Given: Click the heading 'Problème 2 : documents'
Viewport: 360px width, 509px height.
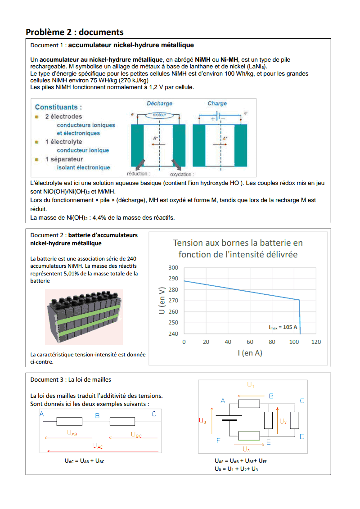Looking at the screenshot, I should pos(74,32).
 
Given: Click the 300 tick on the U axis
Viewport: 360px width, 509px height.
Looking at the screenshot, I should pos(173,267).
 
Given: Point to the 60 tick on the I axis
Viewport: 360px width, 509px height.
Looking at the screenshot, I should pos(250,342).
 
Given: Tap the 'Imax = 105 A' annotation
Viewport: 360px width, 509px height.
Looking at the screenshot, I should pos(283,327).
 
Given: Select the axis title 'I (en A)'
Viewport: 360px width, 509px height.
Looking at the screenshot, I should pos(250,353).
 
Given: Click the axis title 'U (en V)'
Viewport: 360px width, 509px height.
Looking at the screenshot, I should pos(163,300).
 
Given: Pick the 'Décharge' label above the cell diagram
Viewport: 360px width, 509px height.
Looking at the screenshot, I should pos(160,104).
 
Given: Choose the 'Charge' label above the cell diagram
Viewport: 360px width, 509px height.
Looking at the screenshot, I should pos(217,104).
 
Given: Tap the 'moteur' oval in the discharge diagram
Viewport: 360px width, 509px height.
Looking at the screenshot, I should pos(160,115).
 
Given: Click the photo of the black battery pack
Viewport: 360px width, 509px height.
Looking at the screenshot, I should pos(84,316).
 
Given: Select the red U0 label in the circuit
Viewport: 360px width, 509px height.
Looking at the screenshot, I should pos(202,422).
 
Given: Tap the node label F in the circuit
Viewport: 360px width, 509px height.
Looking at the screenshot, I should pos(218,441).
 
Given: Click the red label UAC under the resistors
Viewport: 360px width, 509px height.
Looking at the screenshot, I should pos(98,446).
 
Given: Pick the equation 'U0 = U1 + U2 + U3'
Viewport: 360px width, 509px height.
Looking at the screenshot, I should pos(236,469).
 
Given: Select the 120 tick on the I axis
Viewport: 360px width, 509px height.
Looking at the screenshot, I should pos(316,342).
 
